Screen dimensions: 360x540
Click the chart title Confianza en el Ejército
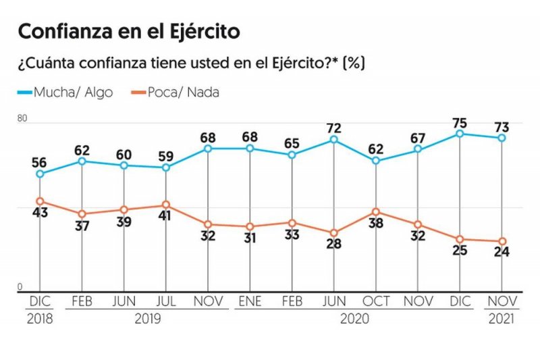point(129,31)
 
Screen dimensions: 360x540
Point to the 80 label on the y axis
point(22,118)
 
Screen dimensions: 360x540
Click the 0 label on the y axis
point(20,287)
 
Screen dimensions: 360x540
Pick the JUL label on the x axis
point(165,301)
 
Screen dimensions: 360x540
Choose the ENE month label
point(250,301)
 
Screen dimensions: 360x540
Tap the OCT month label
point(376,301)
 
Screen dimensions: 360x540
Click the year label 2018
point(40,317)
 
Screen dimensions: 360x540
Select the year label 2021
point(502,317)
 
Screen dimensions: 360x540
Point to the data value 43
point(40,213)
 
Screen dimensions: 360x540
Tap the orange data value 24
point(502,253)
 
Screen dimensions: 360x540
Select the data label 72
point(333,127)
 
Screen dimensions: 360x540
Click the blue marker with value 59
point(165,167)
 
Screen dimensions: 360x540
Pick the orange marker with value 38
point(376,212)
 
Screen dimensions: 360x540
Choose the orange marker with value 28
point(333,232)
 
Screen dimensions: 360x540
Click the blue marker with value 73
point(502,138)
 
